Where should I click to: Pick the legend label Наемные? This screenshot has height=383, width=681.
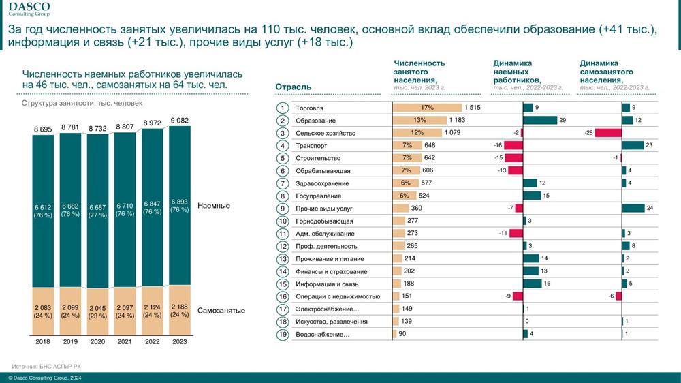213,206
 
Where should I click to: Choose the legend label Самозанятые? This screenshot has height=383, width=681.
221,311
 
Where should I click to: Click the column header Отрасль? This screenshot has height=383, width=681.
293,87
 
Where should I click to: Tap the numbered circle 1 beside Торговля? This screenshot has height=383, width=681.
283,108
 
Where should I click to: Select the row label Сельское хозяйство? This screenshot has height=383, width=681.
326,133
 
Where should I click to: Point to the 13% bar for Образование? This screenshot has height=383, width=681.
419,121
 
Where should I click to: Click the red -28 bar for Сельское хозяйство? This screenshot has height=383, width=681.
608,133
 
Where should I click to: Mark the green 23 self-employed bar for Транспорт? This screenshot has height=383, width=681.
633,145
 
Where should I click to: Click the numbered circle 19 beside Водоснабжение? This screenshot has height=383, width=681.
283,335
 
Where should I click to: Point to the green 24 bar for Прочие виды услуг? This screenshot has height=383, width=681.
633,209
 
